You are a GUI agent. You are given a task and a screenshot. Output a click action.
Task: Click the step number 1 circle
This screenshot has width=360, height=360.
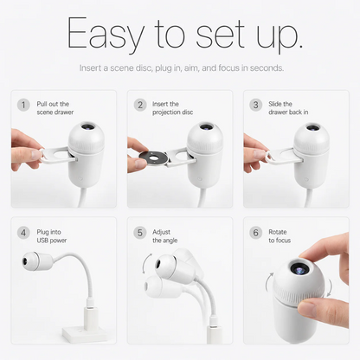click(23, 105)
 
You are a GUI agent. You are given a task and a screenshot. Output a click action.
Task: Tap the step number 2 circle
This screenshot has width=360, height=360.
click(140, 105)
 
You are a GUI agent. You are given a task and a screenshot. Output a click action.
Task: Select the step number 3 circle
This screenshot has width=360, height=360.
click(255, 105)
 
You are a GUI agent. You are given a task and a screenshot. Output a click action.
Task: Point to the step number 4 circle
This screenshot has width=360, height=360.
click(23, 233)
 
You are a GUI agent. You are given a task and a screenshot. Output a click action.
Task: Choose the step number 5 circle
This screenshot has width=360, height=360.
click(140, 233)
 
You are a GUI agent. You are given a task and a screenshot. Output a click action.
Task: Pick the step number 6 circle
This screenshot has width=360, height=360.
click(255, 233)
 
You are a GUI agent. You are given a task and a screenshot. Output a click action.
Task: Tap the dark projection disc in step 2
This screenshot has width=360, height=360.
click(153, 158)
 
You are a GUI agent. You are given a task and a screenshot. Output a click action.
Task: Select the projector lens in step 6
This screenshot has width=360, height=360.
click(299, 269)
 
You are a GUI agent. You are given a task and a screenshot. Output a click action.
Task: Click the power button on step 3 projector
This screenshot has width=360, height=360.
click(306, 179)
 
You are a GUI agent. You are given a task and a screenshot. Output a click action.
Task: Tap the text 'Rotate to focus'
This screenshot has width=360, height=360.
click(280, 236)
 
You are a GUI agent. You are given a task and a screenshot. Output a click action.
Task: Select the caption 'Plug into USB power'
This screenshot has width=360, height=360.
click(52, 236)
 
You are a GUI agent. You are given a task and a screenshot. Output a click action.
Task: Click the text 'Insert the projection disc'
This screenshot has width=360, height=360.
click(172, 108)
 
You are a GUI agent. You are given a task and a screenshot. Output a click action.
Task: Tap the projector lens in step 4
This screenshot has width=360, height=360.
click(25, 261)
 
